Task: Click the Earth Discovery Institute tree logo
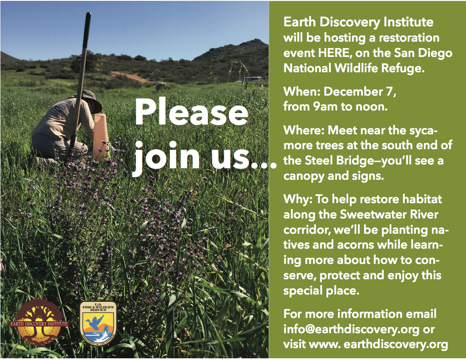(39, 322)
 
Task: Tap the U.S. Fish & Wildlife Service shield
(98, 323)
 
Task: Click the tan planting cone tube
(101, 136)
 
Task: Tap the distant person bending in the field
(160, 86)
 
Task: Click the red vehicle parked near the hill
(251, 79)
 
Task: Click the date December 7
(360, 91)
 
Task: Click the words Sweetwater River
(389, 215)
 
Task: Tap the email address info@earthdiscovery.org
(351, 329)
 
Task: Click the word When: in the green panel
(301, 91)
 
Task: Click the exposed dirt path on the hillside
(129, 76)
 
